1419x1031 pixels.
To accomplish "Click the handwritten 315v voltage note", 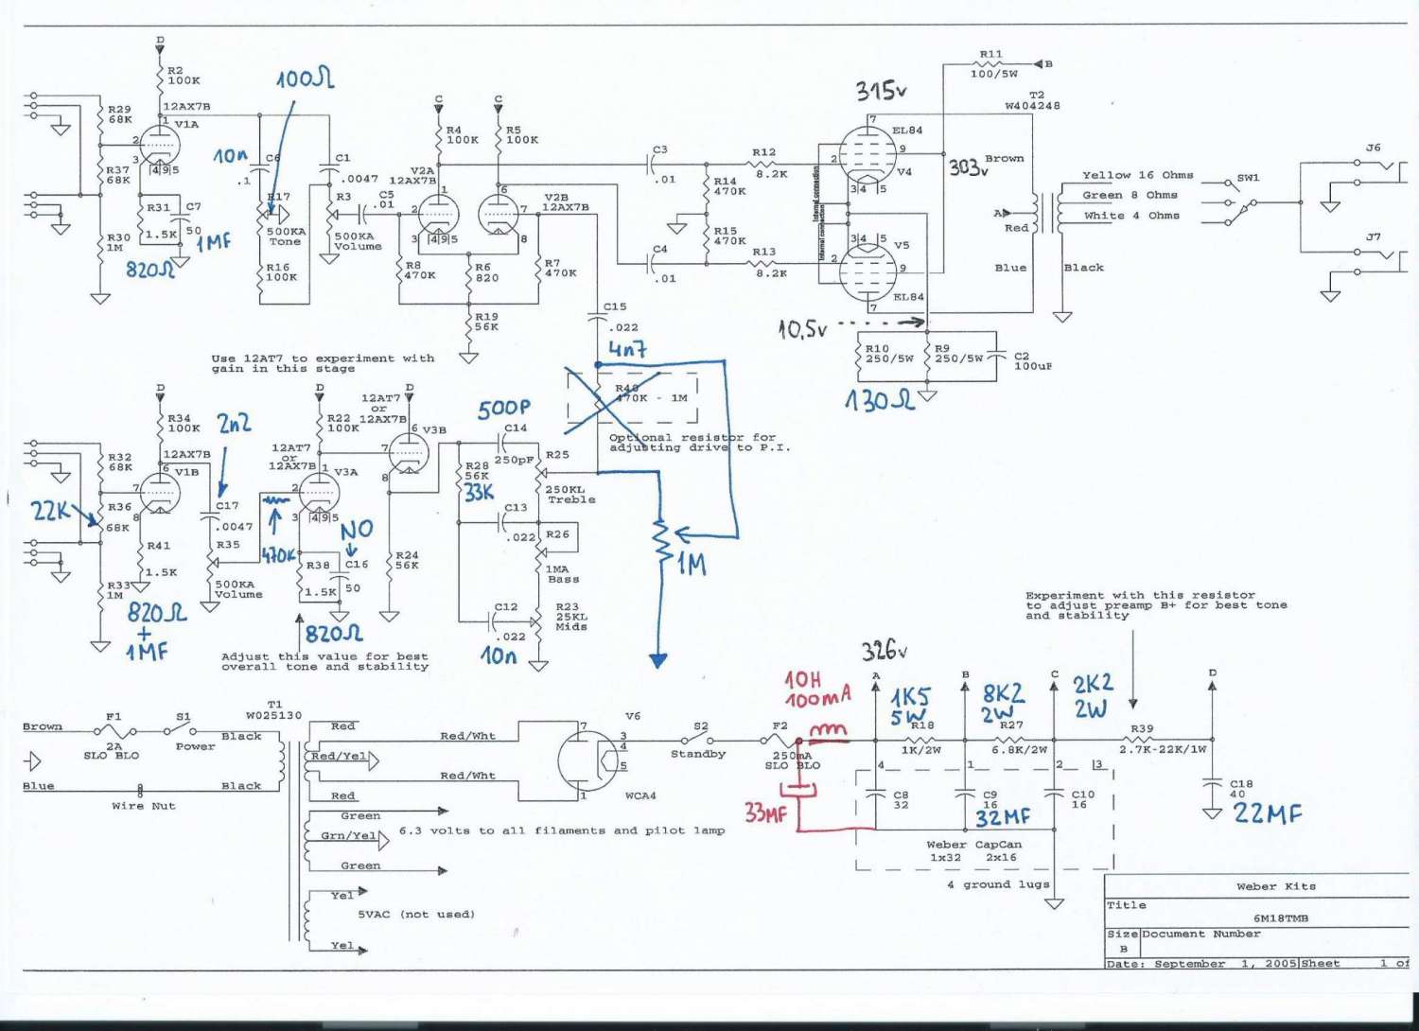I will coord(881,91).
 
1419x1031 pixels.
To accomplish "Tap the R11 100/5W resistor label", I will coord(992,64).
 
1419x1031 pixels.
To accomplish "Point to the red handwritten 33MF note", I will coord(765,812).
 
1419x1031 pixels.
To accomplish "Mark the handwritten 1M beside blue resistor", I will coord(692,565).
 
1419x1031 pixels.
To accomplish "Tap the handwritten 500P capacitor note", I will coord(503,408).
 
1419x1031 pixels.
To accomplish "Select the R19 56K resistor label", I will coord(486,322).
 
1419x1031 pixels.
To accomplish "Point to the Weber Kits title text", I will coord(1276,886).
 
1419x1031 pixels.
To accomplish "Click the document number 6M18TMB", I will coord(1281,917).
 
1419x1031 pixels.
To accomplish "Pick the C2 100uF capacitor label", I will coord(1032,361).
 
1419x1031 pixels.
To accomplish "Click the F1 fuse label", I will coord(114,717).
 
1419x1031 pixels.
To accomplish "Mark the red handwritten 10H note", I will coord(803,679).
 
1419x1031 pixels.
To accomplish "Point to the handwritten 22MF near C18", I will coord(1267,813).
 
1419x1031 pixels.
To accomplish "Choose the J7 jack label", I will coord(1373,236).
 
